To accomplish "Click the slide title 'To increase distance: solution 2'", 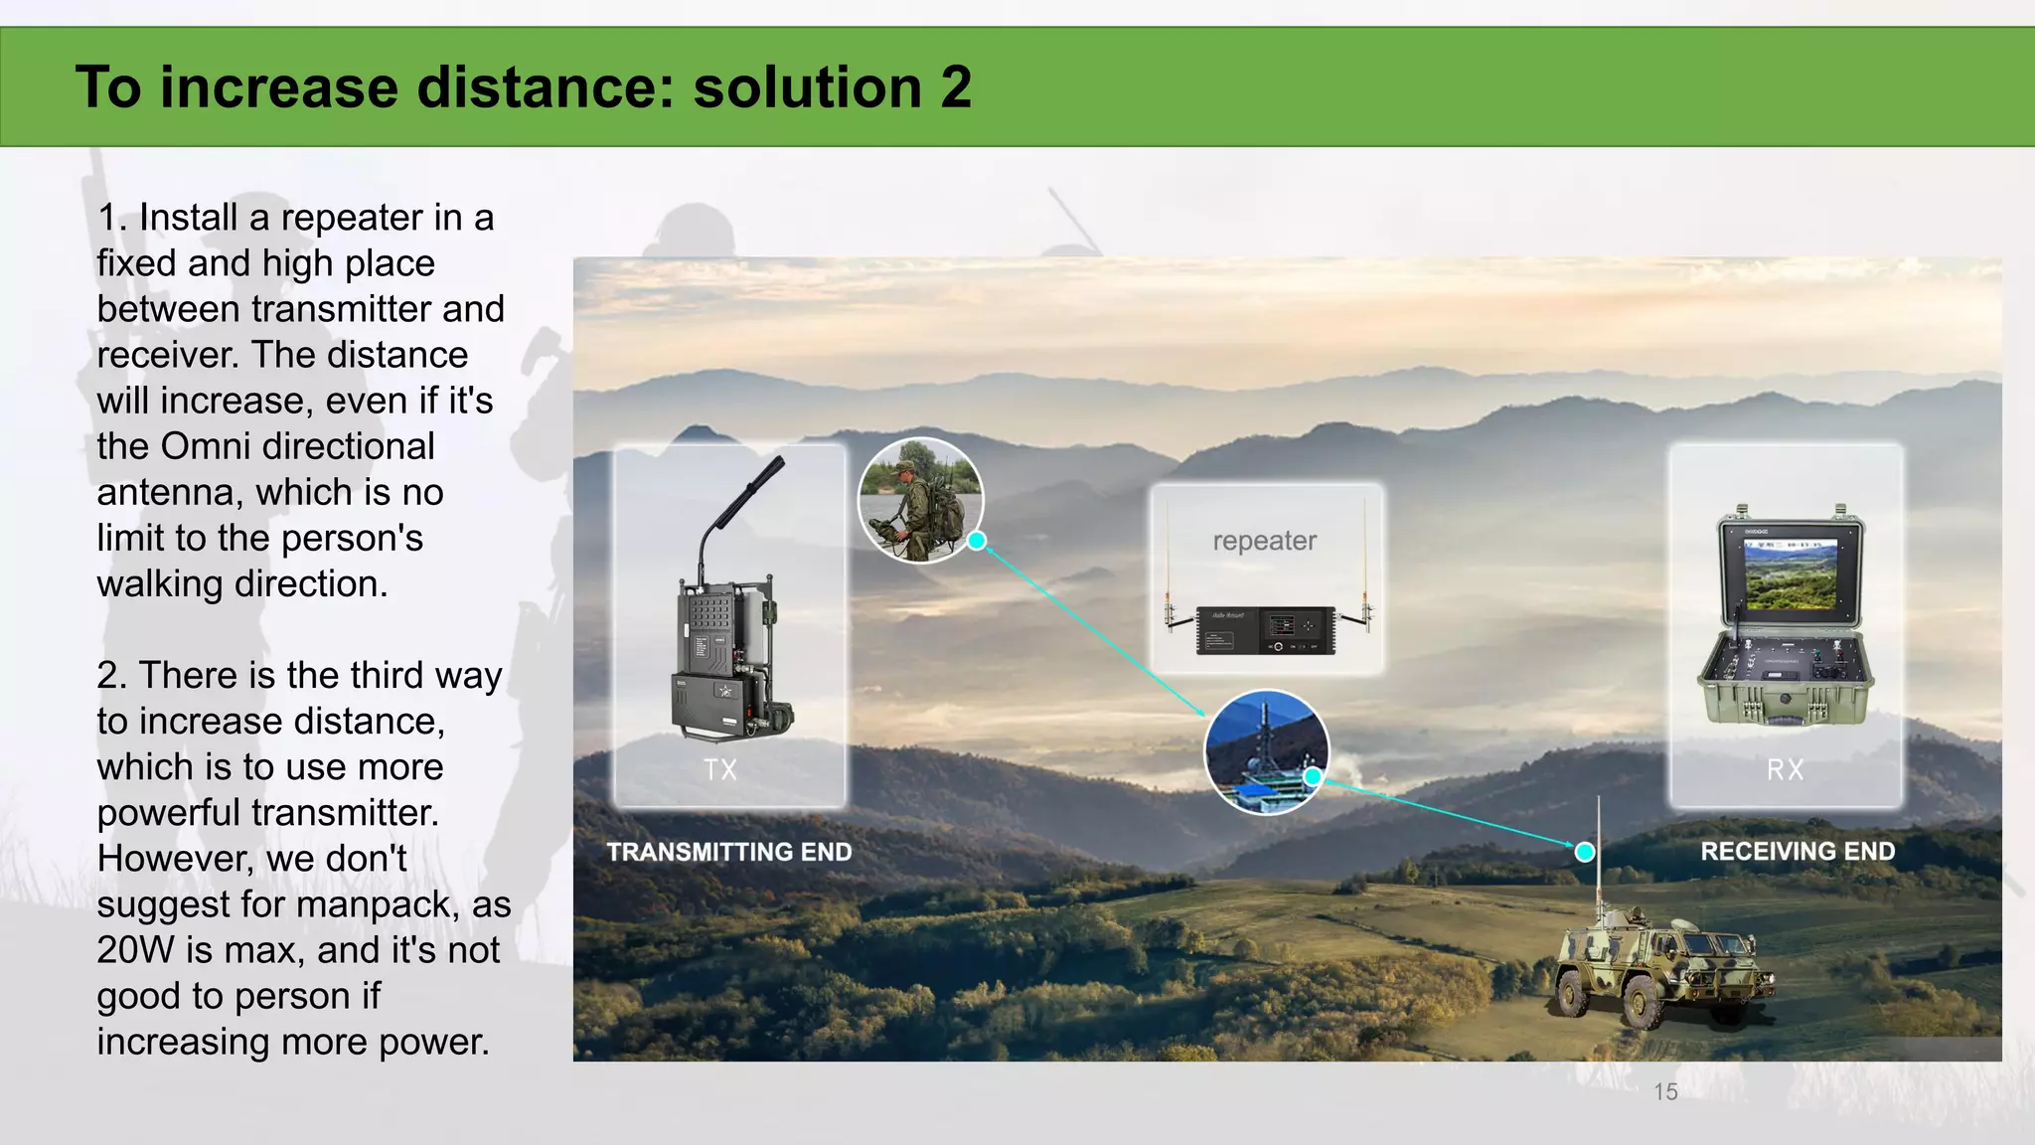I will point(523,86).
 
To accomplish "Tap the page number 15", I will point(1665,1091).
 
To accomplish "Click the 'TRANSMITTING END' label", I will point(729,852).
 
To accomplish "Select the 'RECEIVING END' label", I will point(1798,851).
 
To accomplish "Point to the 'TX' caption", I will point(720,769).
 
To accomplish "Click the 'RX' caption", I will point(1785,769).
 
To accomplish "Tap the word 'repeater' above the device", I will point(1264,541).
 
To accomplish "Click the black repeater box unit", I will point(1265,630).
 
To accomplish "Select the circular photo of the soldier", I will point(919,500).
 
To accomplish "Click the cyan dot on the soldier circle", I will point(977,541).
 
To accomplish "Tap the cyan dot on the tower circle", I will point(1313,776).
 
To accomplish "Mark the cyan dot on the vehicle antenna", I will point(1585,852).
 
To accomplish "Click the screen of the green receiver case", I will point(1791,575).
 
